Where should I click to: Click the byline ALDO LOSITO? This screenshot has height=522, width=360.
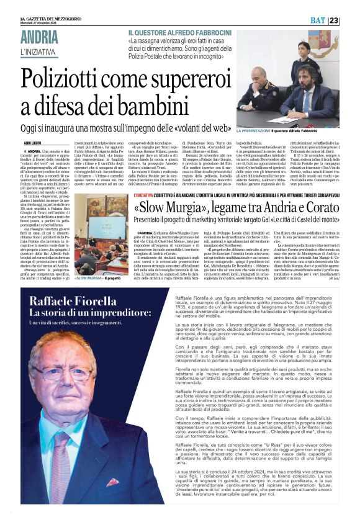pyautogui.click(x=32, y=142)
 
